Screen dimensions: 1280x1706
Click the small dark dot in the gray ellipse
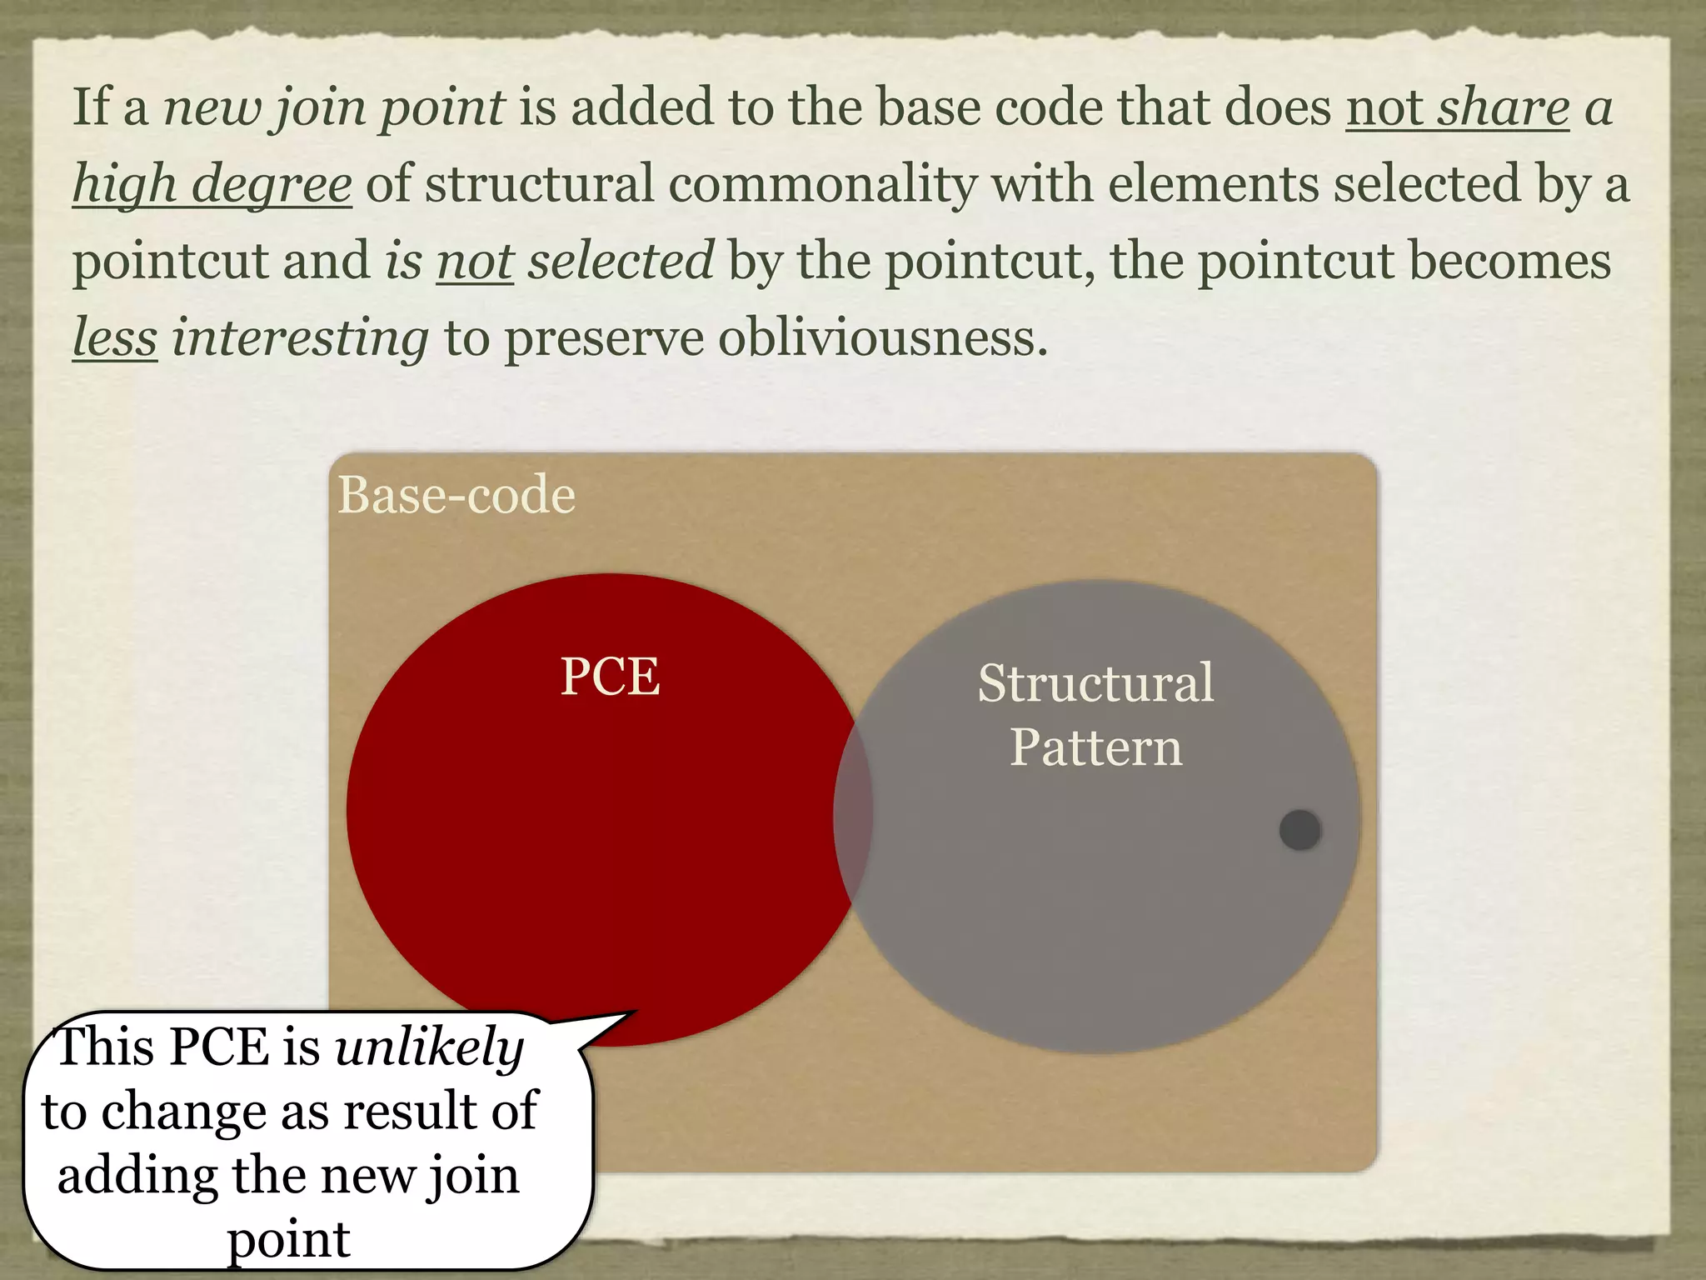pos(1300,830)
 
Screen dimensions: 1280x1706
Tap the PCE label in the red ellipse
pos(610,676)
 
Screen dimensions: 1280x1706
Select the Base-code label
pos(456,495)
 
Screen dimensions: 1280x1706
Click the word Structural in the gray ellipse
pos(1095,683)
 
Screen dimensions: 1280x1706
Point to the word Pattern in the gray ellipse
pos(1095,747)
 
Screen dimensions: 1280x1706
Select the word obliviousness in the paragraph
pos(882,338)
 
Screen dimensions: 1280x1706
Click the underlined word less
pos(114,338)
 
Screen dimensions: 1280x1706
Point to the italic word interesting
pos(300,338)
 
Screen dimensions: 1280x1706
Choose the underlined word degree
pos(272,184)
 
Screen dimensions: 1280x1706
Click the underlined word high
pos(124,184)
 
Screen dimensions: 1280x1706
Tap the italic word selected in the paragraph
pos(621,261)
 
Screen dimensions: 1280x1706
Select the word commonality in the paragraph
pos(822,184)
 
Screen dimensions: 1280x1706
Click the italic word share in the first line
pos(1504,107)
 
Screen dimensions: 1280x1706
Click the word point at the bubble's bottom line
pos(288,1240)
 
